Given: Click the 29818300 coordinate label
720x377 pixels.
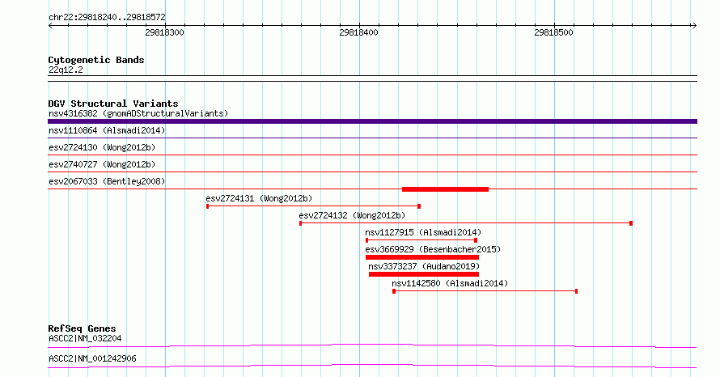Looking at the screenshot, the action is (164, 32).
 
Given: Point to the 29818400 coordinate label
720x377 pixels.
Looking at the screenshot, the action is (358, 32).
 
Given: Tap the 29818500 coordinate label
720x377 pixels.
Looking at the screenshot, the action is (554, 32).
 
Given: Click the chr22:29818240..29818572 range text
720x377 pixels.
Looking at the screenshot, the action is (107, 17).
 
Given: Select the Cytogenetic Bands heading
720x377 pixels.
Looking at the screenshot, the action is (96, 60).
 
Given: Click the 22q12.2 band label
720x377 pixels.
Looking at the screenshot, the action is (66, 70).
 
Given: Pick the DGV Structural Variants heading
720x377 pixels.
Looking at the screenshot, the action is (113, 104).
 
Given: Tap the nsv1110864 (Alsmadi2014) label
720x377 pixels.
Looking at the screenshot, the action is (107, 130).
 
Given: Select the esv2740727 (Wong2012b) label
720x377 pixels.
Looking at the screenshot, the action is (102, 164).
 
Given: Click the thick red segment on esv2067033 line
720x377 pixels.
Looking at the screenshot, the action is (445, 189).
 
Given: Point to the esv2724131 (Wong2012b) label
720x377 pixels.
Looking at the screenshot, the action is (259, 198).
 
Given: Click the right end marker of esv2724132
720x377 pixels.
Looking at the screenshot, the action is (631, 223).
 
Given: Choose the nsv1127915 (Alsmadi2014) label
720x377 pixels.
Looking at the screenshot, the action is (423, 232).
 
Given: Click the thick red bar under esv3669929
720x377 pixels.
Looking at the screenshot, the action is (422, 257).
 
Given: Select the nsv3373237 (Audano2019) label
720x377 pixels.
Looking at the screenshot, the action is (424, 266).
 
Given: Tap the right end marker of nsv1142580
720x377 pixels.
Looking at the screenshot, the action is (576, 291).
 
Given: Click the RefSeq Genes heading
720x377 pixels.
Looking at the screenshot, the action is (82, 328).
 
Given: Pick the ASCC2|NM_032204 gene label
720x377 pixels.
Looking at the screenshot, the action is (85, 338).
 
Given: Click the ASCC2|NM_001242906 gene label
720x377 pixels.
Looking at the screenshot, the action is (92, 358).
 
